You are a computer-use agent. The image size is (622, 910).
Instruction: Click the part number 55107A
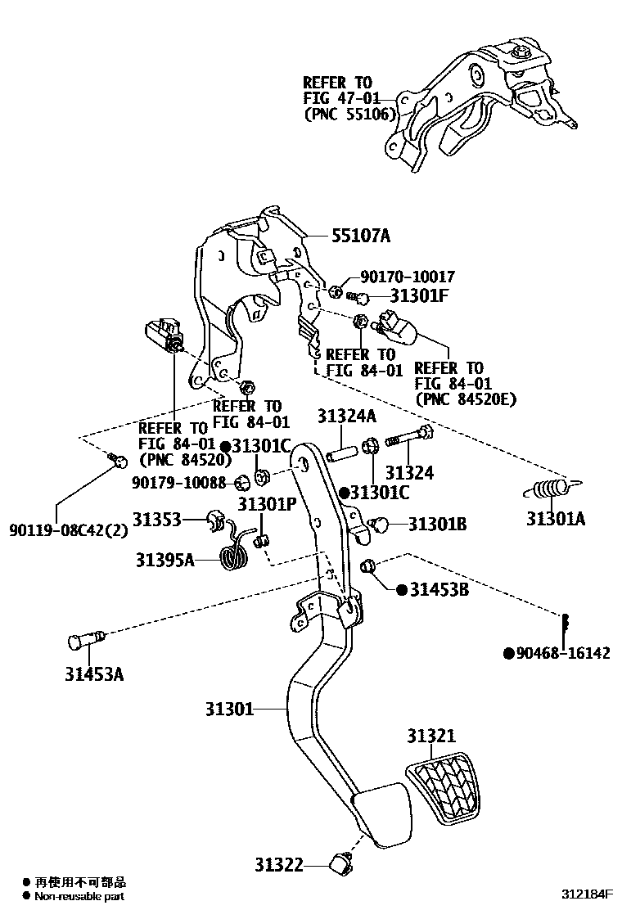tap(361, 237)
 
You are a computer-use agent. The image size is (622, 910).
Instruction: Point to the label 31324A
tap(346, 416)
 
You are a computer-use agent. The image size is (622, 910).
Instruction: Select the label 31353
tap(157, 520)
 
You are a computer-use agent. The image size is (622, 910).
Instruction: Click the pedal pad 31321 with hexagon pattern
tap(443, 787)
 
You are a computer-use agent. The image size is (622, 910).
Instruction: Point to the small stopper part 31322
tap(340, 862)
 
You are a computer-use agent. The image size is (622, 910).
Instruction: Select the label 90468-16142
tap(563, 653)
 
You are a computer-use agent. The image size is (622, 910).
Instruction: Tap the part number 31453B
tap(439, 589)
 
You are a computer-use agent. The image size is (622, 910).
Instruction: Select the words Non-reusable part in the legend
tap(79, 897)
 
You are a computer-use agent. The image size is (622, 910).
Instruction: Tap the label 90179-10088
tap(178, 483)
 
